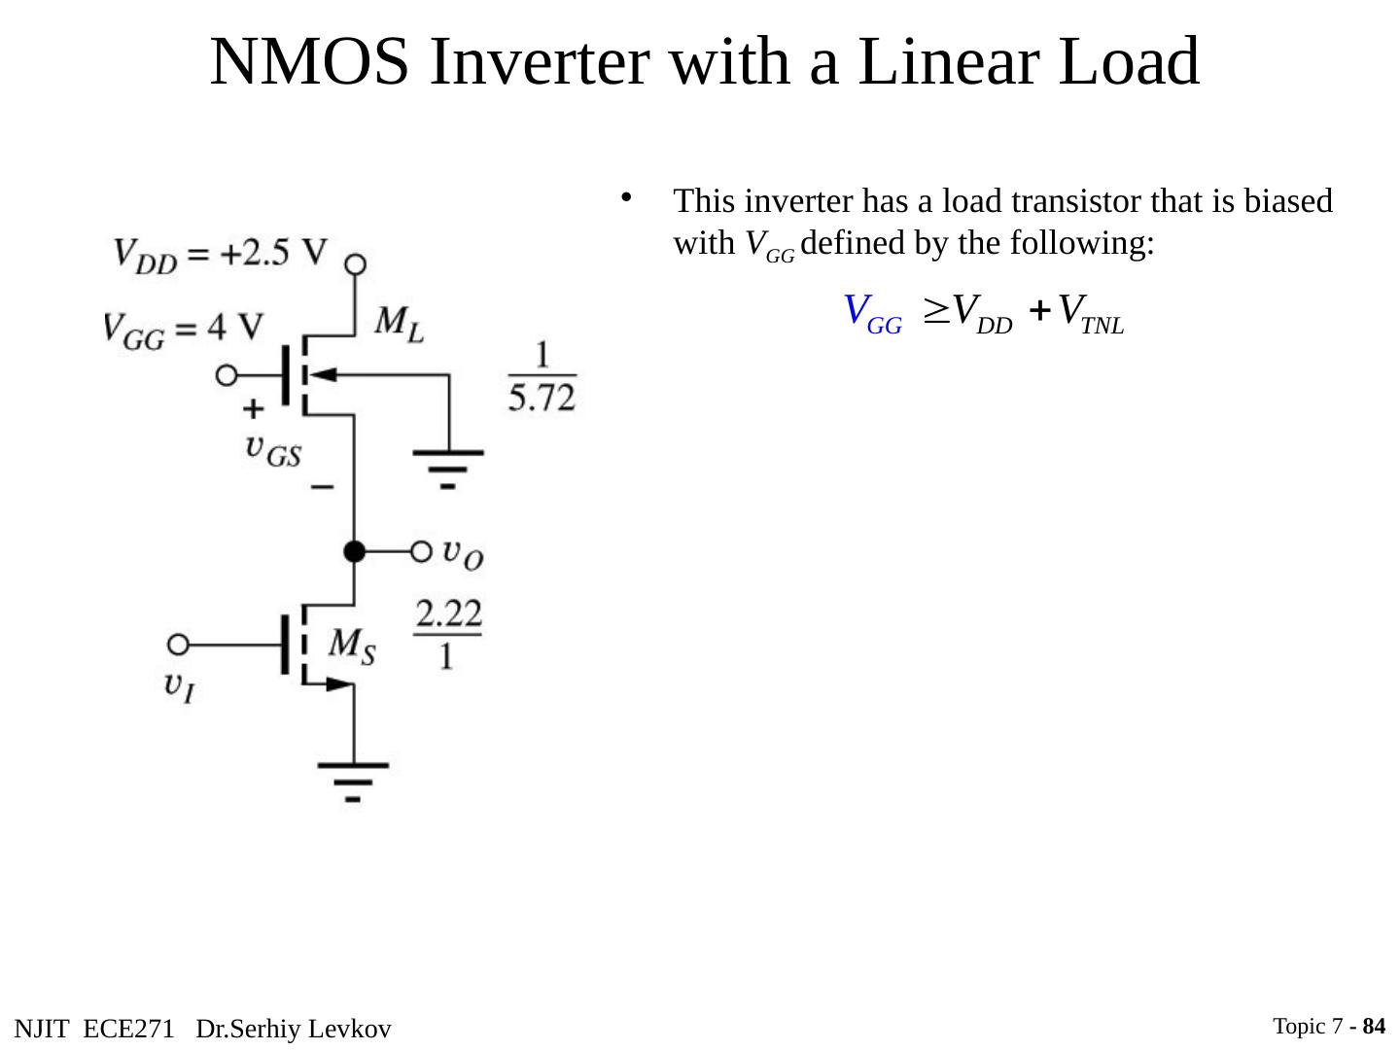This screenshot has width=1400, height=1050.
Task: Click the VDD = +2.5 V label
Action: pos(221,254)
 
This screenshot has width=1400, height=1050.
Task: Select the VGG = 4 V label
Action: pos(184,327)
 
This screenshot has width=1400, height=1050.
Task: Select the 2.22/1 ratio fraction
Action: pos(448,633)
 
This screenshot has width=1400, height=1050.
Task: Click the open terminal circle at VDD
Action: pos(356,263)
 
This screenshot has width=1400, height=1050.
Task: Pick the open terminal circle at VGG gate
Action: pos(227,374)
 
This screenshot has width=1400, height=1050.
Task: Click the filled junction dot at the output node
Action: pos(355,551)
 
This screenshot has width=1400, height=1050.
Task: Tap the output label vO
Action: pos(463,553)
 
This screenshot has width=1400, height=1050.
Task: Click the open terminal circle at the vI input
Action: pos(178,644)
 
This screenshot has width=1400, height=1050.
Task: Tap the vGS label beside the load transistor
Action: pos(273,449)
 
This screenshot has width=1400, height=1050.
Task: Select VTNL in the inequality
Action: pos(1090,312)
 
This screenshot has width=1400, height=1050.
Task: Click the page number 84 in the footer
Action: pos(1375,1027)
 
